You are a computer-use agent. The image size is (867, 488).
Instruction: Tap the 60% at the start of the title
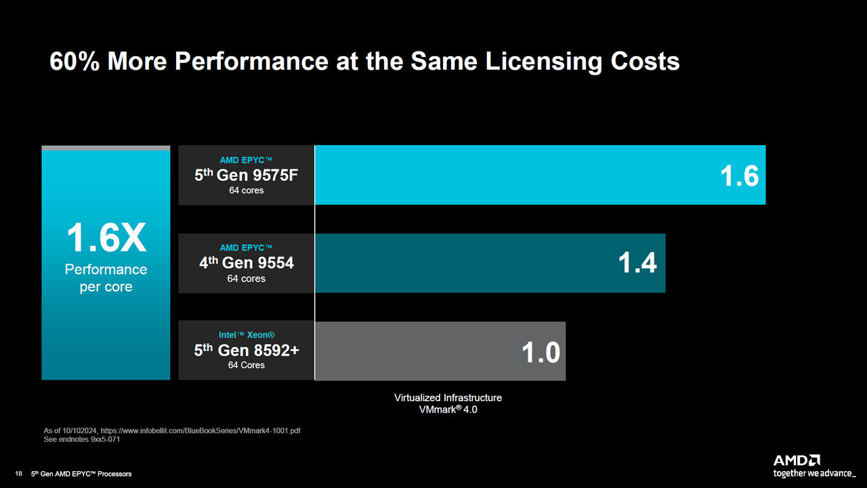(75, 62)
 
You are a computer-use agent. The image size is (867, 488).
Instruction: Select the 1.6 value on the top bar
(739, 176)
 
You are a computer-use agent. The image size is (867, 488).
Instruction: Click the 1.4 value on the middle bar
(637, 264)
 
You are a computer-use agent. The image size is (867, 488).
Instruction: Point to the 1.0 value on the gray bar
(541, 352)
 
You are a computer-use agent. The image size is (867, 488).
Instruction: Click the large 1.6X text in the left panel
(106, 239)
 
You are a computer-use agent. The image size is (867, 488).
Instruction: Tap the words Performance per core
(106, 278)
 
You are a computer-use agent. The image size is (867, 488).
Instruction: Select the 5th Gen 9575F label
(246, 176)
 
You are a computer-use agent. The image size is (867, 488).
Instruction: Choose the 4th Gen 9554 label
(246, 263)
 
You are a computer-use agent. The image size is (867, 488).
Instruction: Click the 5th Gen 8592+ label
(246, 350)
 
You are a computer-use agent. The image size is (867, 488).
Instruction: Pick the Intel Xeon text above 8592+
(246, 335)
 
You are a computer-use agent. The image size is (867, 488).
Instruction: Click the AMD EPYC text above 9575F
(246, 160)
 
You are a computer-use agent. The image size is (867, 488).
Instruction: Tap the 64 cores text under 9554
(246, 279)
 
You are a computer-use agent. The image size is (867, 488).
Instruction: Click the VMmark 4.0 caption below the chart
(448, 410)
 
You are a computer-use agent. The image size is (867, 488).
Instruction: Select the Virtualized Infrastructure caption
(448, 398)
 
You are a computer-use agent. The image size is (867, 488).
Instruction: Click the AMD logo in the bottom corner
(797, 460)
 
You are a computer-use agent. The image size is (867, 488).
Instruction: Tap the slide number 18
(19, 474)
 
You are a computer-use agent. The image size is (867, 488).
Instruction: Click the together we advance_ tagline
(814, 473)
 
